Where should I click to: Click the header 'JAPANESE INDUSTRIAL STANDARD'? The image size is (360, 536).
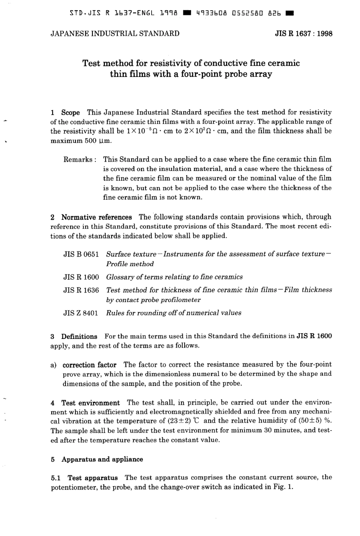click(115, 33)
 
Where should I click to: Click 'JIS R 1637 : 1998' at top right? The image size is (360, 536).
click(303, 33)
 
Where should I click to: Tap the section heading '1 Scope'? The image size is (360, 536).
click(65, 113)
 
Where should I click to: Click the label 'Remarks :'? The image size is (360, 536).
click(80, 160)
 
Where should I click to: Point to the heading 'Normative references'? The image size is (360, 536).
click(96, 217)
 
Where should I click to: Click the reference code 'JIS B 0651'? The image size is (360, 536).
click(81, 254)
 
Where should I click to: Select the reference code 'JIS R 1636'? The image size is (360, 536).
click(81, 290)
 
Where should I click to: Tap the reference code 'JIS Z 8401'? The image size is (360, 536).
click(81, 313)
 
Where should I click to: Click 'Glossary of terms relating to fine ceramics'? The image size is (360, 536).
click(174, 277)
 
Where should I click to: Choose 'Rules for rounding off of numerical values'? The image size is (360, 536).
click(174, 313)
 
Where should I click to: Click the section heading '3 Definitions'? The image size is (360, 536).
click(74, 336)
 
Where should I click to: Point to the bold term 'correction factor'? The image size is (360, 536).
click(89, 365)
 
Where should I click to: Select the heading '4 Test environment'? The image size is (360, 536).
click(85, 403)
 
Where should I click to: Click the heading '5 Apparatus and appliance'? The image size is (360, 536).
click(97, 459)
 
